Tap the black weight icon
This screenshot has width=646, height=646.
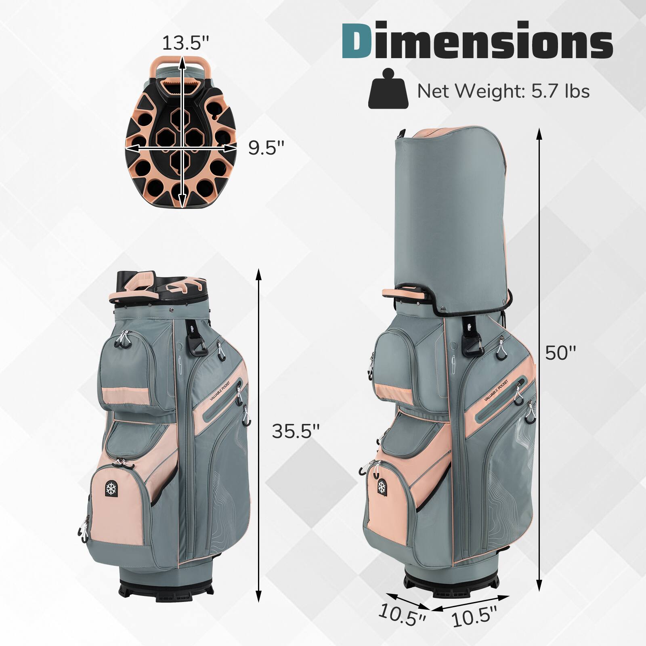point(388,90)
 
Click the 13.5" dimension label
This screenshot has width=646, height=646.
point(186,42)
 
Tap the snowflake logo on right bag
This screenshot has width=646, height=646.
point(381,487)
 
